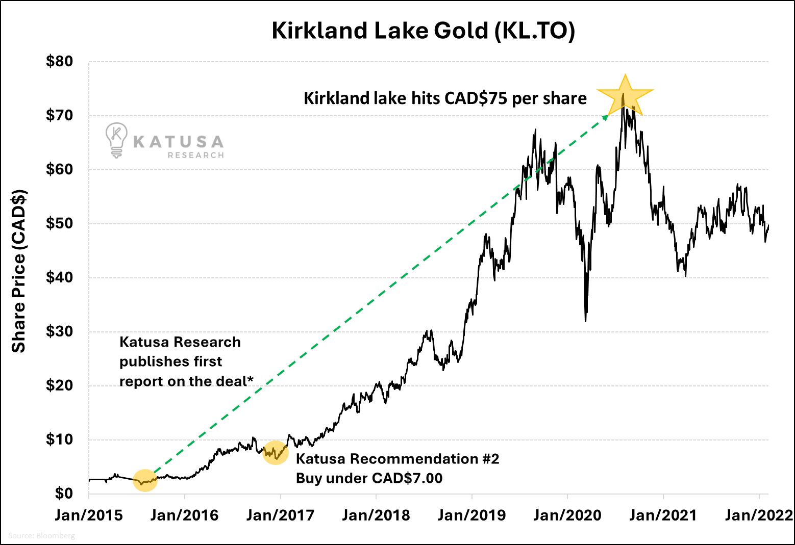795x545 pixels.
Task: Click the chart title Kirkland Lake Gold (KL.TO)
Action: click(423, 31)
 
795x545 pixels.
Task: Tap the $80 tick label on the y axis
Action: click(60, 62)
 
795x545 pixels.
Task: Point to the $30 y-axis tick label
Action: click(60, 331)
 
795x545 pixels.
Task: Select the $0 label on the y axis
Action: click(64, 493)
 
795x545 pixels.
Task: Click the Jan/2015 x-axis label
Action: click(89, 515)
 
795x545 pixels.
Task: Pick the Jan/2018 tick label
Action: click(376, 515)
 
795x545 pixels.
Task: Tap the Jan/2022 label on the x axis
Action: click(759, 515)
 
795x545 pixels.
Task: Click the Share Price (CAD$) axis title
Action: click(19, 271)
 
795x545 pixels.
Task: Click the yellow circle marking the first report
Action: click(145, 480)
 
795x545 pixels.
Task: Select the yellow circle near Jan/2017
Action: click(276, 453)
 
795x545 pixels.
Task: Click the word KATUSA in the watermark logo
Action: click(178, 142)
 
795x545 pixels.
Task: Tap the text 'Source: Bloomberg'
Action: click(41, 536)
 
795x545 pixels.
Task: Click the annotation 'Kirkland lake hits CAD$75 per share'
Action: click(445, 98)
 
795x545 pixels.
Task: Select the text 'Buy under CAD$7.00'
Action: click(369, 478)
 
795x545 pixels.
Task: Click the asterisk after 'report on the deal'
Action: click(251, 379)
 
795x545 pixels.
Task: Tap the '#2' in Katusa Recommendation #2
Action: click(490, 459)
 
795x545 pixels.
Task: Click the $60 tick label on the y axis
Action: click(60, 169)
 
